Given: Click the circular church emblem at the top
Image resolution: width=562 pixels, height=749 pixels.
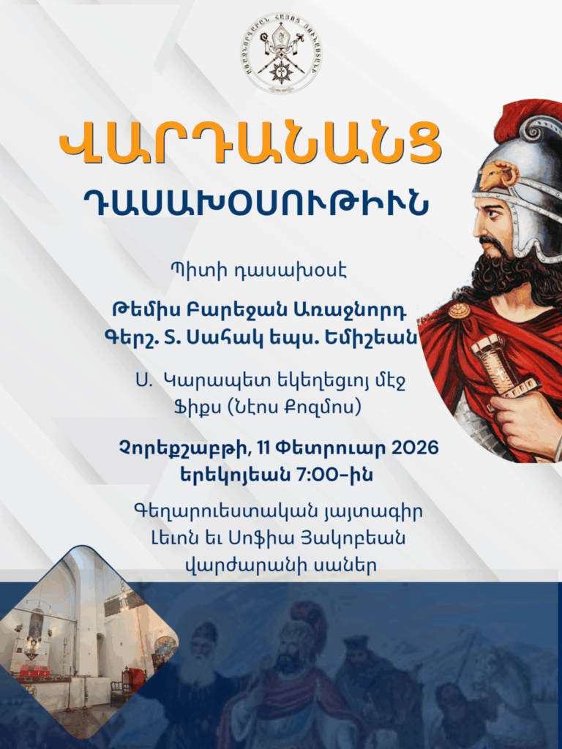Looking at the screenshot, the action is coord(281,52).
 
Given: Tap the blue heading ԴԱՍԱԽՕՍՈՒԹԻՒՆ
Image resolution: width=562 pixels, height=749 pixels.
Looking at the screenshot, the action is coord(255,202).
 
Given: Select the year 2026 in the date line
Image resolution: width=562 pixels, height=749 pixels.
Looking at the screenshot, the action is coord(415,448).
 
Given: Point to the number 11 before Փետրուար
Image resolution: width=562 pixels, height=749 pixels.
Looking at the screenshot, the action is coord(263,448).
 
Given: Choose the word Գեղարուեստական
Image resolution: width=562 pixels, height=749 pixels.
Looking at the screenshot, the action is coord(225,511).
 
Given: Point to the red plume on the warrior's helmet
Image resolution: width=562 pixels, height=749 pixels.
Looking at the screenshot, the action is coord(525,118).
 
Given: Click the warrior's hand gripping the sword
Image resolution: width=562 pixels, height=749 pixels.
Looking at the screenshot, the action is coord(524,421).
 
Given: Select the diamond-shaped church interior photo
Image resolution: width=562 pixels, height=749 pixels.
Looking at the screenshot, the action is coord(89,641).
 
